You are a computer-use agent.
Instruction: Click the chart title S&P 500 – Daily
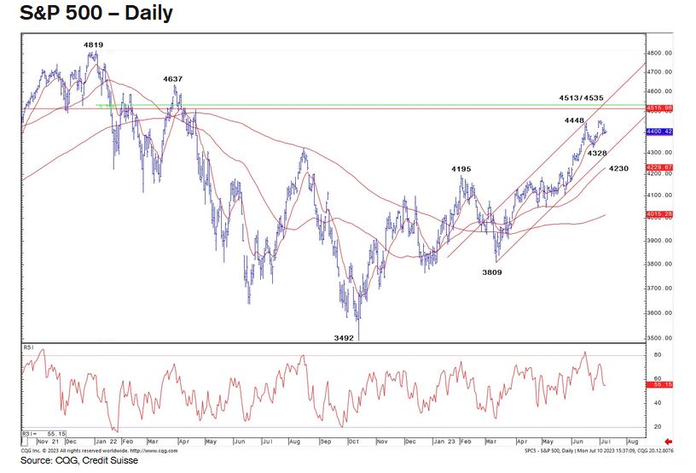(90, 14)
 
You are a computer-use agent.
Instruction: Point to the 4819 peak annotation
(94, 44)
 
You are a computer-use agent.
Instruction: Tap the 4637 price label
(173, 79)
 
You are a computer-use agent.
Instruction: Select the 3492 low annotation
(344, 337)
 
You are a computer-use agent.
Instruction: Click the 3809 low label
(492, 272)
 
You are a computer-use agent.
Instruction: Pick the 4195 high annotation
(461, 169)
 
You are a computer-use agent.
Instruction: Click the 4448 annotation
(573, 121)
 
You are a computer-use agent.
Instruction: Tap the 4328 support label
(597, 153)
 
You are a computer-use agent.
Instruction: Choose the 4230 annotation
(619, 169)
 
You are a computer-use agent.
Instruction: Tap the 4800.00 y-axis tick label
(662, 52)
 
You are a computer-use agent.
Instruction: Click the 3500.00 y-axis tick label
(662, 338)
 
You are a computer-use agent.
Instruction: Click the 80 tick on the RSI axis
(658, 353)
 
